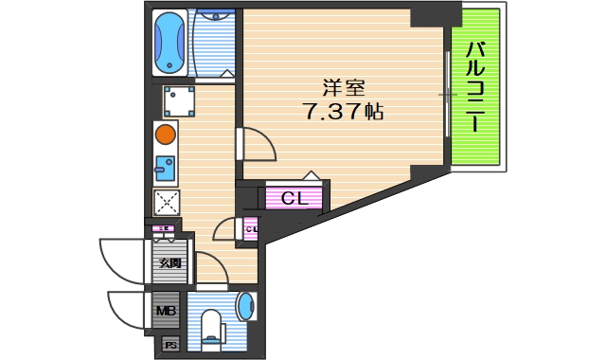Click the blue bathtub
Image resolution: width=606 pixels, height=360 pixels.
click(170, 43)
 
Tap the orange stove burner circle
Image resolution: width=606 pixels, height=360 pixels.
click(165, 135)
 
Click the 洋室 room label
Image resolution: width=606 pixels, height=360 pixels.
click(343, 88)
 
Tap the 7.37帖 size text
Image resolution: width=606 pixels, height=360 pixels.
click(343, 112)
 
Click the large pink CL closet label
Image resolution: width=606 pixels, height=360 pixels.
click(294, 198)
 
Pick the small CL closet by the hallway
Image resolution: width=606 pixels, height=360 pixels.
click(252, 228)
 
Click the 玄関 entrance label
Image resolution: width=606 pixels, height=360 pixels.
click(169, 263)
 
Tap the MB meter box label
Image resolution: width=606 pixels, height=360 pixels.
click(166, 310)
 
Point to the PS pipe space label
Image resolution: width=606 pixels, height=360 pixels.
click(171, 345)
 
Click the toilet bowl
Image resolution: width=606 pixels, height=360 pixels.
click(212, 327)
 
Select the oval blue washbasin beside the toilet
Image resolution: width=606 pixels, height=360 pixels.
click(244, 307)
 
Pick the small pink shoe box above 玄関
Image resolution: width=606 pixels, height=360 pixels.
click(164, 229)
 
